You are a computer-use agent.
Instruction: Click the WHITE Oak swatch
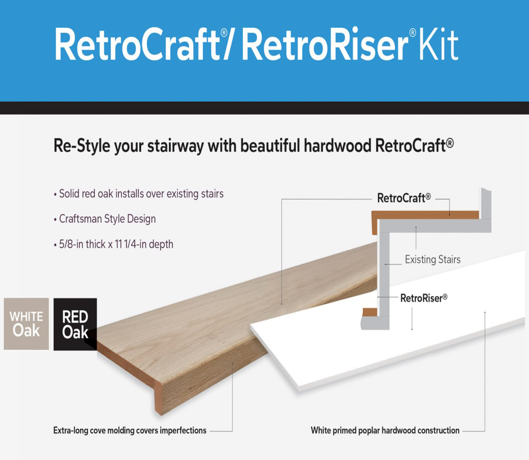[26, 324]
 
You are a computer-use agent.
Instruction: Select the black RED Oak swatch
[75, 324]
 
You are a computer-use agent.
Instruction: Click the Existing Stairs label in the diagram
[432, 260]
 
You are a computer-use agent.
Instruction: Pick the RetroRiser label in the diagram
[423, 298]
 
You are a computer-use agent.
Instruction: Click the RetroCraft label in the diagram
[404, 198]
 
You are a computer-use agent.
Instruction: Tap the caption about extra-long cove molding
[130, 431]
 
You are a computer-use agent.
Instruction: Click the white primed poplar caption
[385, 431]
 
